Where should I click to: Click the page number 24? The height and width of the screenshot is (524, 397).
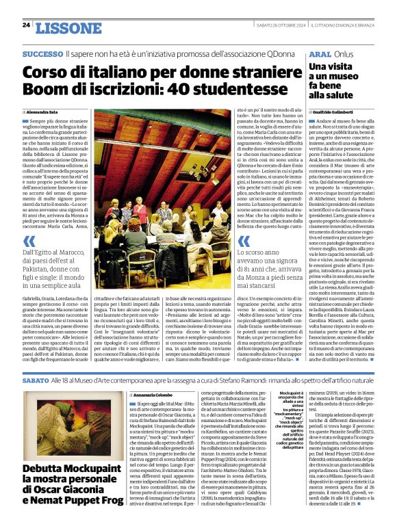tap(26, 25)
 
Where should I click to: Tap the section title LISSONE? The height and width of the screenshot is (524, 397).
tap(67, 27)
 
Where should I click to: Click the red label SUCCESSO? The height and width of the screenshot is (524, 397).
tap(42, 53)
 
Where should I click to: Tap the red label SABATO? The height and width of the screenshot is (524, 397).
tap(36, 379)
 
